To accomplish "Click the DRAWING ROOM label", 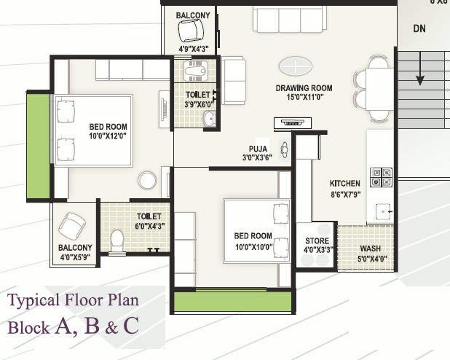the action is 304,88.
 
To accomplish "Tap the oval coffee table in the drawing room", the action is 296,66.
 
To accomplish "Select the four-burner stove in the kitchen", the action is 381,177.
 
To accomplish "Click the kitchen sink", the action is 383,212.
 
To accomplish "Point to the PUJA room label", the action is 258,149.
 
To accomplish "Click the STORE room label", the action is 317,240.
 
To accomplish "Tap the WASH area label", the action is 371,249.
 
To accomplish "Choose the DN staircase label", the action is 419,28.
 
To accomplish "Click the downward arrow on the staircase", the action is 420,69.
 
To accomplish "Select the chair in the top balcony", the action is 191,31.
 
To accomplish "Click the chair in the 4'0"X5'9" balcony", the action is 72,226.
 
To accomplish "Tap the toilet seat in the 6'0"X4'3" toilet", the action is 117,240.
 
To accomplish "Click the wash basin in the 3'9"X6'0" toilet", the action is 210,118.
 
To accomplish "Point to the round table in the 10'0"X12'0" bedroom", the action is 148,181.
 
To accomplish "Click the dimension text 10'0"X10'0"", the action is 253,247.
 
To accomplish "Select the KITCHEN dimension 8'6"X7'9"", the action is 346,195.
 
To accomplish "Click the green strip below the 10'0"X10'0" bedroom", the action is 233,302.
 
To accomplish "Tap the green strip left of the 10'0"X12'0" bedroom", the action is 38,146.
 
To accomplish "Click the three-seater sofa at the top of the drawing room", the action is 290,19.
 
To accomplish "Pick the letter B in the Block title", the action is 92,326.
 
